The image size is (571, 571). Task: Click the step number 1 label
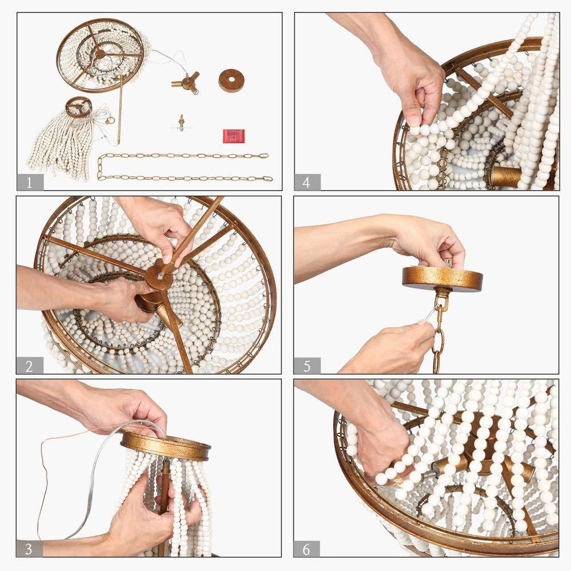tap(30, 182)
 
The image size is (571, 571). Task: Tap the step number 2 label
tap(30, 365)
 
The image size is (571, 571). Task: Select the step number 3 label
tap(29, 549)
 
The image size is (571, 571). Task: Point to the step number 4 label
tap(307, 182)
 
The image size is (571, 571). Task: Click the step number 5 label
tap(307, 365)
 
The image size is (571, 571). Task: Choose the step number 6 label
tap(307, 549)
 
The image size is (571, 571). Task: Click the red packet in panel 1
tap(234, 136)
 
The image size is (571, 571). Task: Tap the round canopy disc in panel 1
tap(231, 81)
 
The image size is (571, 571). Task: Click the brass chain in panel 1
tap(184, 167)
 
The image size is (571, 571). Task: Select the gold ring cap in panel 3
tap(166, 445)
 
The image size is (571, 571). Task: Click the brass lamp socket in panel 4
tap(506, 178)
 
